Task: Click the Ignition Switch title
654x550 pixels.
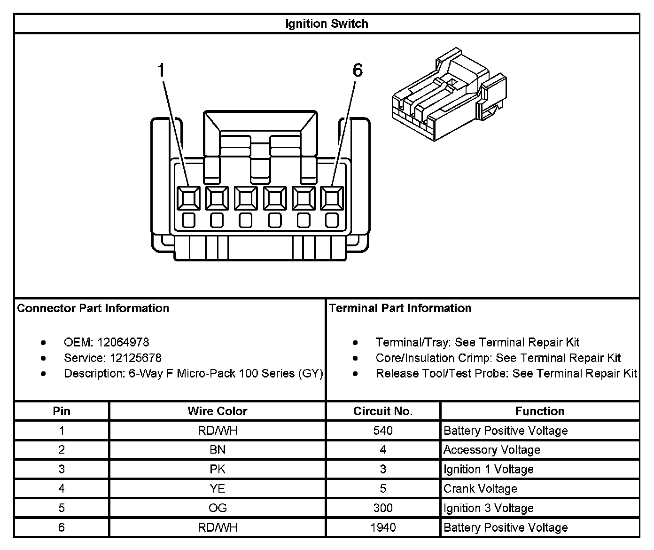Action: [327, 24]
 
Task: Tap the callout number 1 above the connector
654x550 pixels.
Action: [161, 71]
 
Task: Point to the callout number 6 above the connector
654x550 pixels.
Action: [358, 71]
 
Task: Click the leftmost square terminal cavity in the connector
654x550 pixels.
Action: [189, 198]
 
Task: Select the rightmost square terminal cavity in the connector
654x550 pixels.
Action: [332, 198]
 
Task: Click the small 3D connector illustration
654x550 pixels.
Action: [449, 94]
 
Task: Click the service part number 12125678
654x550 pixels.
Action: [135, 358]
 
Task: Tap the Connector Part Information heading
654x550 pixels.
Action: [93, 308]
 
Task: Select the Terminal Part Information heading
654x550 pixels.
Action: [400, 308]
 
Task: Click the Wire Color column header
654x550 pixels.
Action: [217, 411]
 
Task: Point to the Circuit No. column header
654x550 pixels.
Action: [383, 411]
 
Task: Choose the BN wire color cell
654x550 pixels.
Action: [218, 450]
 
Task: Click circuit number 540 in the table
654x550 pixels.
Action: [383, 431]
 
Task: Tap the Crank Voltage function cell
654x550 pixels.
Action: [480, 489]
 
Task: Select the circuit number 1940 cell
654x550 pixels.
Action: [383, 527]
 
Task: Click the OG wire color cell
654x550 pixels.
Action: [218, 508]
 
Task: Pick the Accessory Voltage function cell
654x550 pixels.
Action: [491, 450]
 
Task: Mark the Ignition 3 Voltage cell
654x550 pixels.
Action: [488, 508]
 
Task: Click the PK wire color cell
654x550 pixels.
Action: [218, 469]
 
